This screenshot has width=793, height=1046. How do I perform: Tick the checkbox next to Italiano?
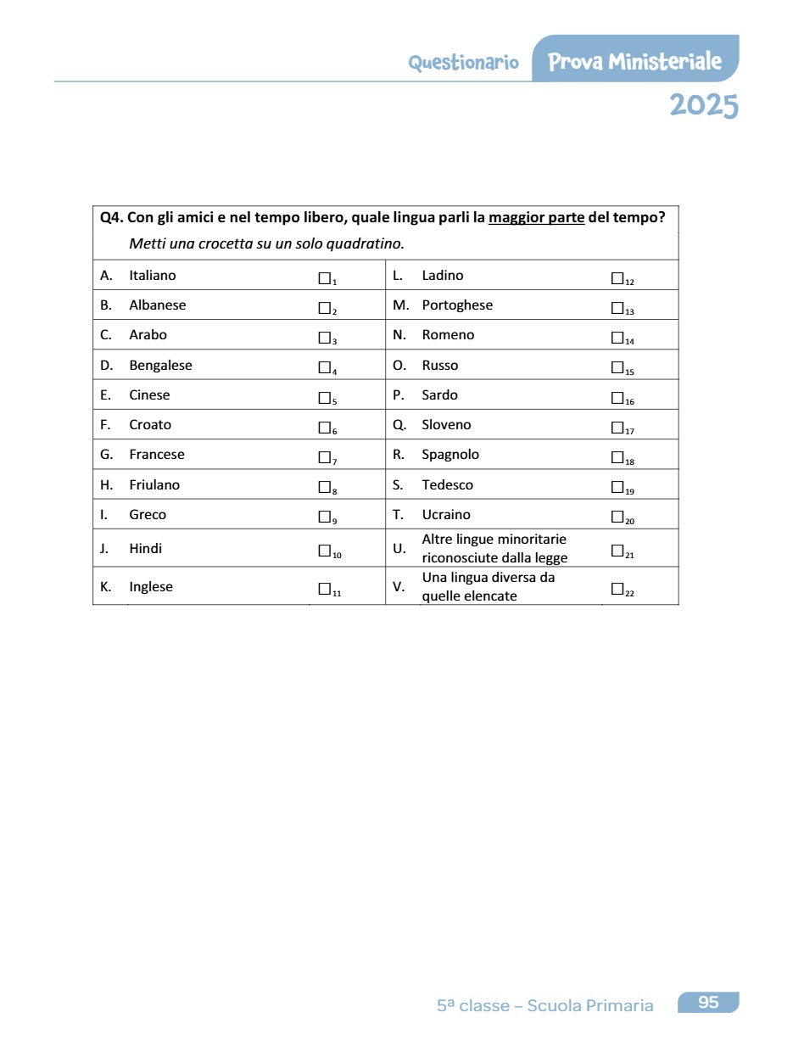pos(324,277)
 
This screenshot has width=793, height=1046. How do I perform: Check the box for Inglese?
pos(324,588)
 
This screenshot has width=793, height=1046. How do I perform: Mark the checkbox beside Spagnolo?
pos(617,456)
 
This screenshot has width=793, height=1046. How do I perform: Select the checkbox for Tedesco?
pos(617,486)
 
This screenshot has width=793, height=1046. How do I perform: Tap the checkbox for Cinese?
pos(324,397)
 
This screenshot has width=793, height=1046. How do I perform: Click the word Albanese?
pos(157,305)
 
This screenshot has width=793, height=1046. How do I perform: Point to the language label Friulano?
pos(154,485)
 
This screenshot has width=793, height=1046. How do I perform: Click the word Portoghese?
pos(457,305)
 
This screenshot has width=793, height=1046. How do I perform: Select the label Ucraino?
pos(446,515)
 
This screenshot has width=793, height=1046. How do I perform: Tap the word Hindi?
pos(145,549)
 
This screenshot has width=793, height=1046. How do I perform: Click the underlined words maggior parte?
pos(536,218)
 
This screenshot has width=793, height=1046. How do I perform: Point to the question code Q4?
pos(111,218)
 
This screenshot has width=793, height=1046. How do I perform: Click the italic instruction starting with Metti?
pos(266,244)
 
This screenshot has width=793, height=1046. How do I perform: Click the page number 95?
pos(708,1003)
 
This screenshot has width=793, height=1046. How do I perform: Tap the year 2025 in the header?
pos(703,106)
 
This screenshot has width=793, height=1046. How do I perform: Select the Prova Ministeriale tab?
pos(634,61)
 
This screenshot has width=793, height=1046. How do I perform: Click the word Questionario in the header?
pos(463,63)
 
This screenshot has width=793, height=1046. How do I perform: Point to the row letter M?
pos(400,305)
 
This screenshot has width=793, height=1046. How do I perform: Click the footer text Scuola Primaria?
pos(589,1006)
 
